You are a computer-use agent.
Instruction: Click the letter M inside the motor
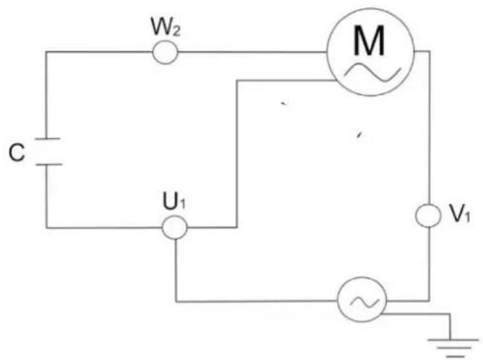369,44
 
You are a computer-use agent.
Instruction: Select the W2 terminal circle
166,51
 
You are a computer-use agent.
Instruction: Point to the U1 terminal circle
174,228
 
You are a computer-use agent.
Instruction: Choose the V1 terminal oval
429,215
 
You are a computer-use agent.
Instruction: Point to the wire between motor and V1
429,130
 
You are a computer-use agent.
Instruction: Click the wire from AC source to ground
419,315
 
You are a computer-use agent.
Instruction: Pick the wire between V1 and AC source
429,267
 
